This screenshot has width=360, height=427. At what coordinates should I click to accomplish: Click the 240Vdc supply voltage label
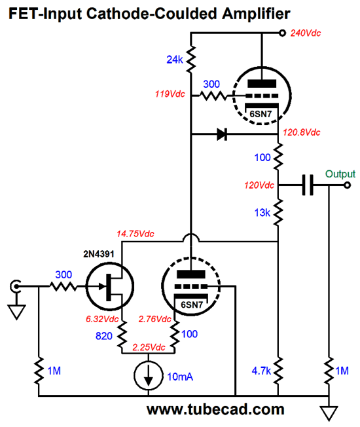(x=306, y=33)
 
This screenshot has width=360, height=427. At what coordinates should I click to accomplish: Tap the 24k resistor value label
(x=174, y=60)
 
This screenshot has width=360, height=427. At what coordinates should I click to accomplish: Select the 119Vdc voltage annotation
(x=170, y=94)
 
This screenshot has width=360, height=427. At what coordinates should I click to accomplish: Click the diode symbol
(x=222, y=134)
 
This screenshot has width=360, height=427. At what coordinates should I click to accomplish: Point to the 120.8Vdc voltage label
(x=302, y=132)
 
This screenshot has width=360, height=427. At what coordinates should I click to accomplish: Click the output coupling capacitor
(x=308, y=185)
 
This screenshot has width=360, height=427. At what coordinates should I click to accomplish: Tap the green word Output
(x=340, y=174)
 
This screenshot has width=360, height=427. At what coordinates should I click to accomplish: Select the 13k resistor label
(x=262, y=213)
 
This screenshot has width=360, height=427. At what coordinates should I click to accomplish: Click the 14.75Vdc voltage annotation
(x=135, y=234)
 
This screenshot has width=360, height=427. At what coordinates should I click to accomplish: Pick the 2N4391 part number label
(x=98, y=254)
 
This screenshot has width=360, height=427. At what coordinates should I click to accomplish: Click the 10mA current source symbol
(x=149, y=376)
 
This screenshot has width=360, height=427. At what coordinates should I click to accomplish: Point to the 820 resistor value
(x=103, y=336)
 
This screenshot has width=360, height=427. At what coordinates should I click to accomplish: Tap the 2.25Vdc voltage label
(x=149, y=347)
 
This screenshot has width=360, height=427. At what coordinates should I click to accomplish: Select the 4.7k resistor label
(x=261, y=371)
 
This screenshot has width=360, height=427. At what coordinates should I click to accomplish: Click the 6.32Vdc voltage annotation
(x=102, y=319)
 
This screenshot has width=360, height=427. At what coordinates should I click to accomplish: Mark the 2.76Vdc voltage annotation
(x=155, y=319)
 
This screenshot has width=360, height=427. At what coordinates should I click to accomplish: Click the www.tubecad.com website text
(x=215, y=409)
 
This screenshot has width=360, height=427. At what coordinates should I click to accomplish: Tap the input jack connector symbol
(x=15, y=286)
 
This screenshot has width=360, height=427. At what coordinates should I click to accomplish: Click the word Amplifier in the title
(x=256, y=14)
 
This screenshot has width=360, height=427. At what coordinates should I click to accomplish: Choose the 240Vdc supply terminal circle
(x=283, y=33)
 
